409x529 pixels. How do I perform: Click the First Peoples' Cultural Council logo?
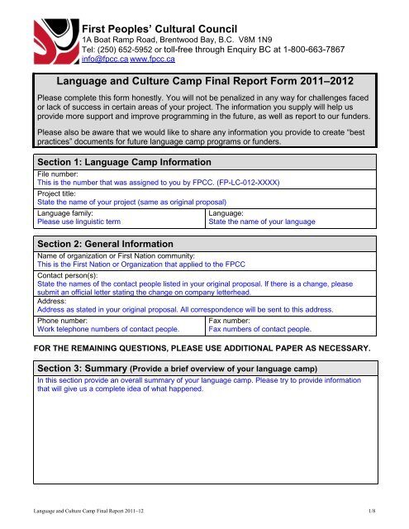point(41,38)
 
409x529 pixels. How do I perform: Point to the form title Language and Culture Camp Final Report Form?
point(204,80)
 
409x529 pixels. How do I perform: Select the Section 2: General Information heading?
point(107,243)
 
